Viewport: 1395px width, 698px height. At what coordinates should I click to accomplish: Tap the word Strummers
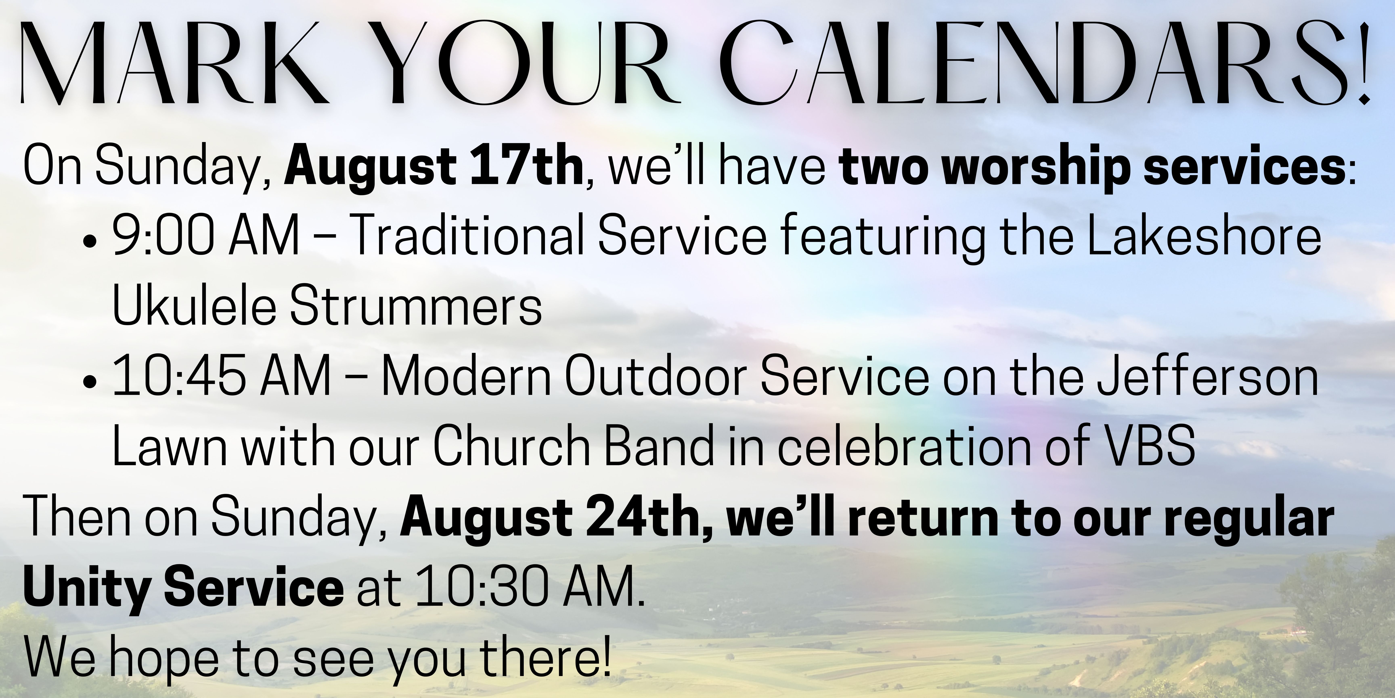(x=416, y=308)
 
